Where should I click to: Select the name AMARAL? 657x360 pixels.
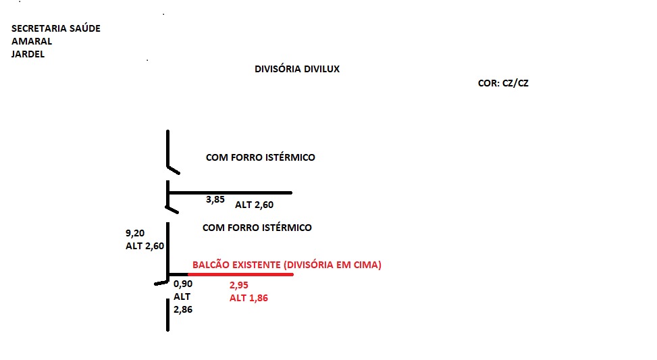pos(32,41)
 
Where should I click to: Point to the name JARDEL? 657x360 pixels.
pos(28,54)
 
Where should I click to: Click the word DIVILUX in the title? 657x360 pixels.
pos(322,69)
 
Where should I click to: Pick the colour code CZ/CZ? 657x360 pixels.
pos(515,83)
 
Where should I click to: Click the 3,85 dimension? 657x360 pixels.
pos(215,199)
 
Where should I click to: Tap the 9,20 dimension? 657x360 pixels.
pos(135,233)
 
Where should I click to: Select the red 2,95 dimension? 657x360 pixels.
pos(239,286)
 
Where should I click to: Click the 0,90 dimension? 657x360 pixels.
pos(183,284)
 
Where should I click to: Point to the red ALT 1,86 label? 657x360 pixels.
pos(248,298)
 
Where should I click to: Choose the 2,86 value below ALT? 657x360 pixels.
pos(183,310)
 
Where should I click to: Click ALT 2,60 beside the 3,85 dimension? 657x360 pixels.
pos(255,205)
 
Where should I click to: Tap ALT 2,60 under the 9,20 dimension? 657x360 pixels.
pos(145,246)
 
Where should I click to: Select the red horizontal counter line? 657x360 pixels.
pos(240,274)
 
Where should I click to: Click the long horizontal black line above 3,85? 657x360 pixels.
pos(230,192)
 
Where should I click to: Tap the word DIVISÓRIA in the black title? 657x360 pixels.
pos(278,69)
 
